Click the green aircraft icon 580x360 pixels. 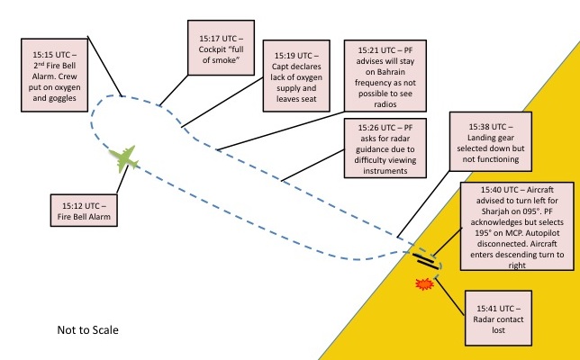click(124, 158)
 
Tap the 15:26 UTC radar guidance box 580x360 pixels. click(383, 148)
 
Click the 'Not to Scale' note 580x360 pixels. click(87, 330)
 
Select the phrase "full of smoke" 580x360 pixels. click(220, 59)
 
